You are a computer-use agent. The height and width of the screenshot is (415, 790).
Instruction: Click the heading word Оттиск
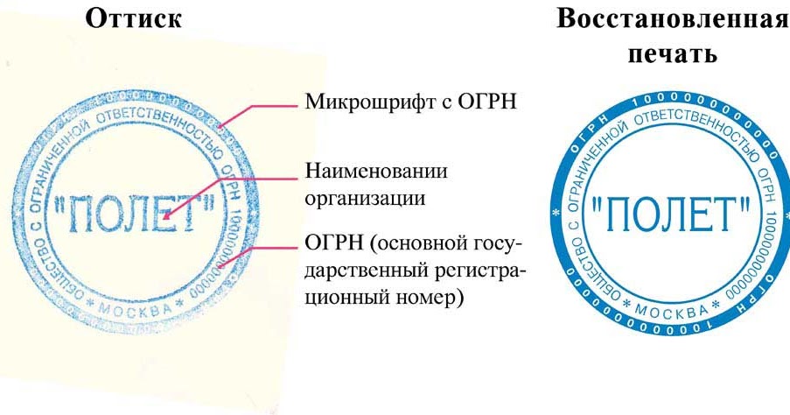click(x=133, y=18)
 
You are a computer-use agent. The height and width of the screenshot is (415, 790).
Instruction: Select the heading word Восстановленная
click(x=673, y=18)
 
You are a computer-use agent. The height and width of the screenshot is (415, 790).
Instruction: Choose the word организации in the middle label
click(x=366, y=197)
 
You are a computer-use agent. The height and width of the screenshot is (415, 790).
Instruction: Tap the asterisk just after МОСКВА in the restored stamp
click(x=715, y=303)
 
